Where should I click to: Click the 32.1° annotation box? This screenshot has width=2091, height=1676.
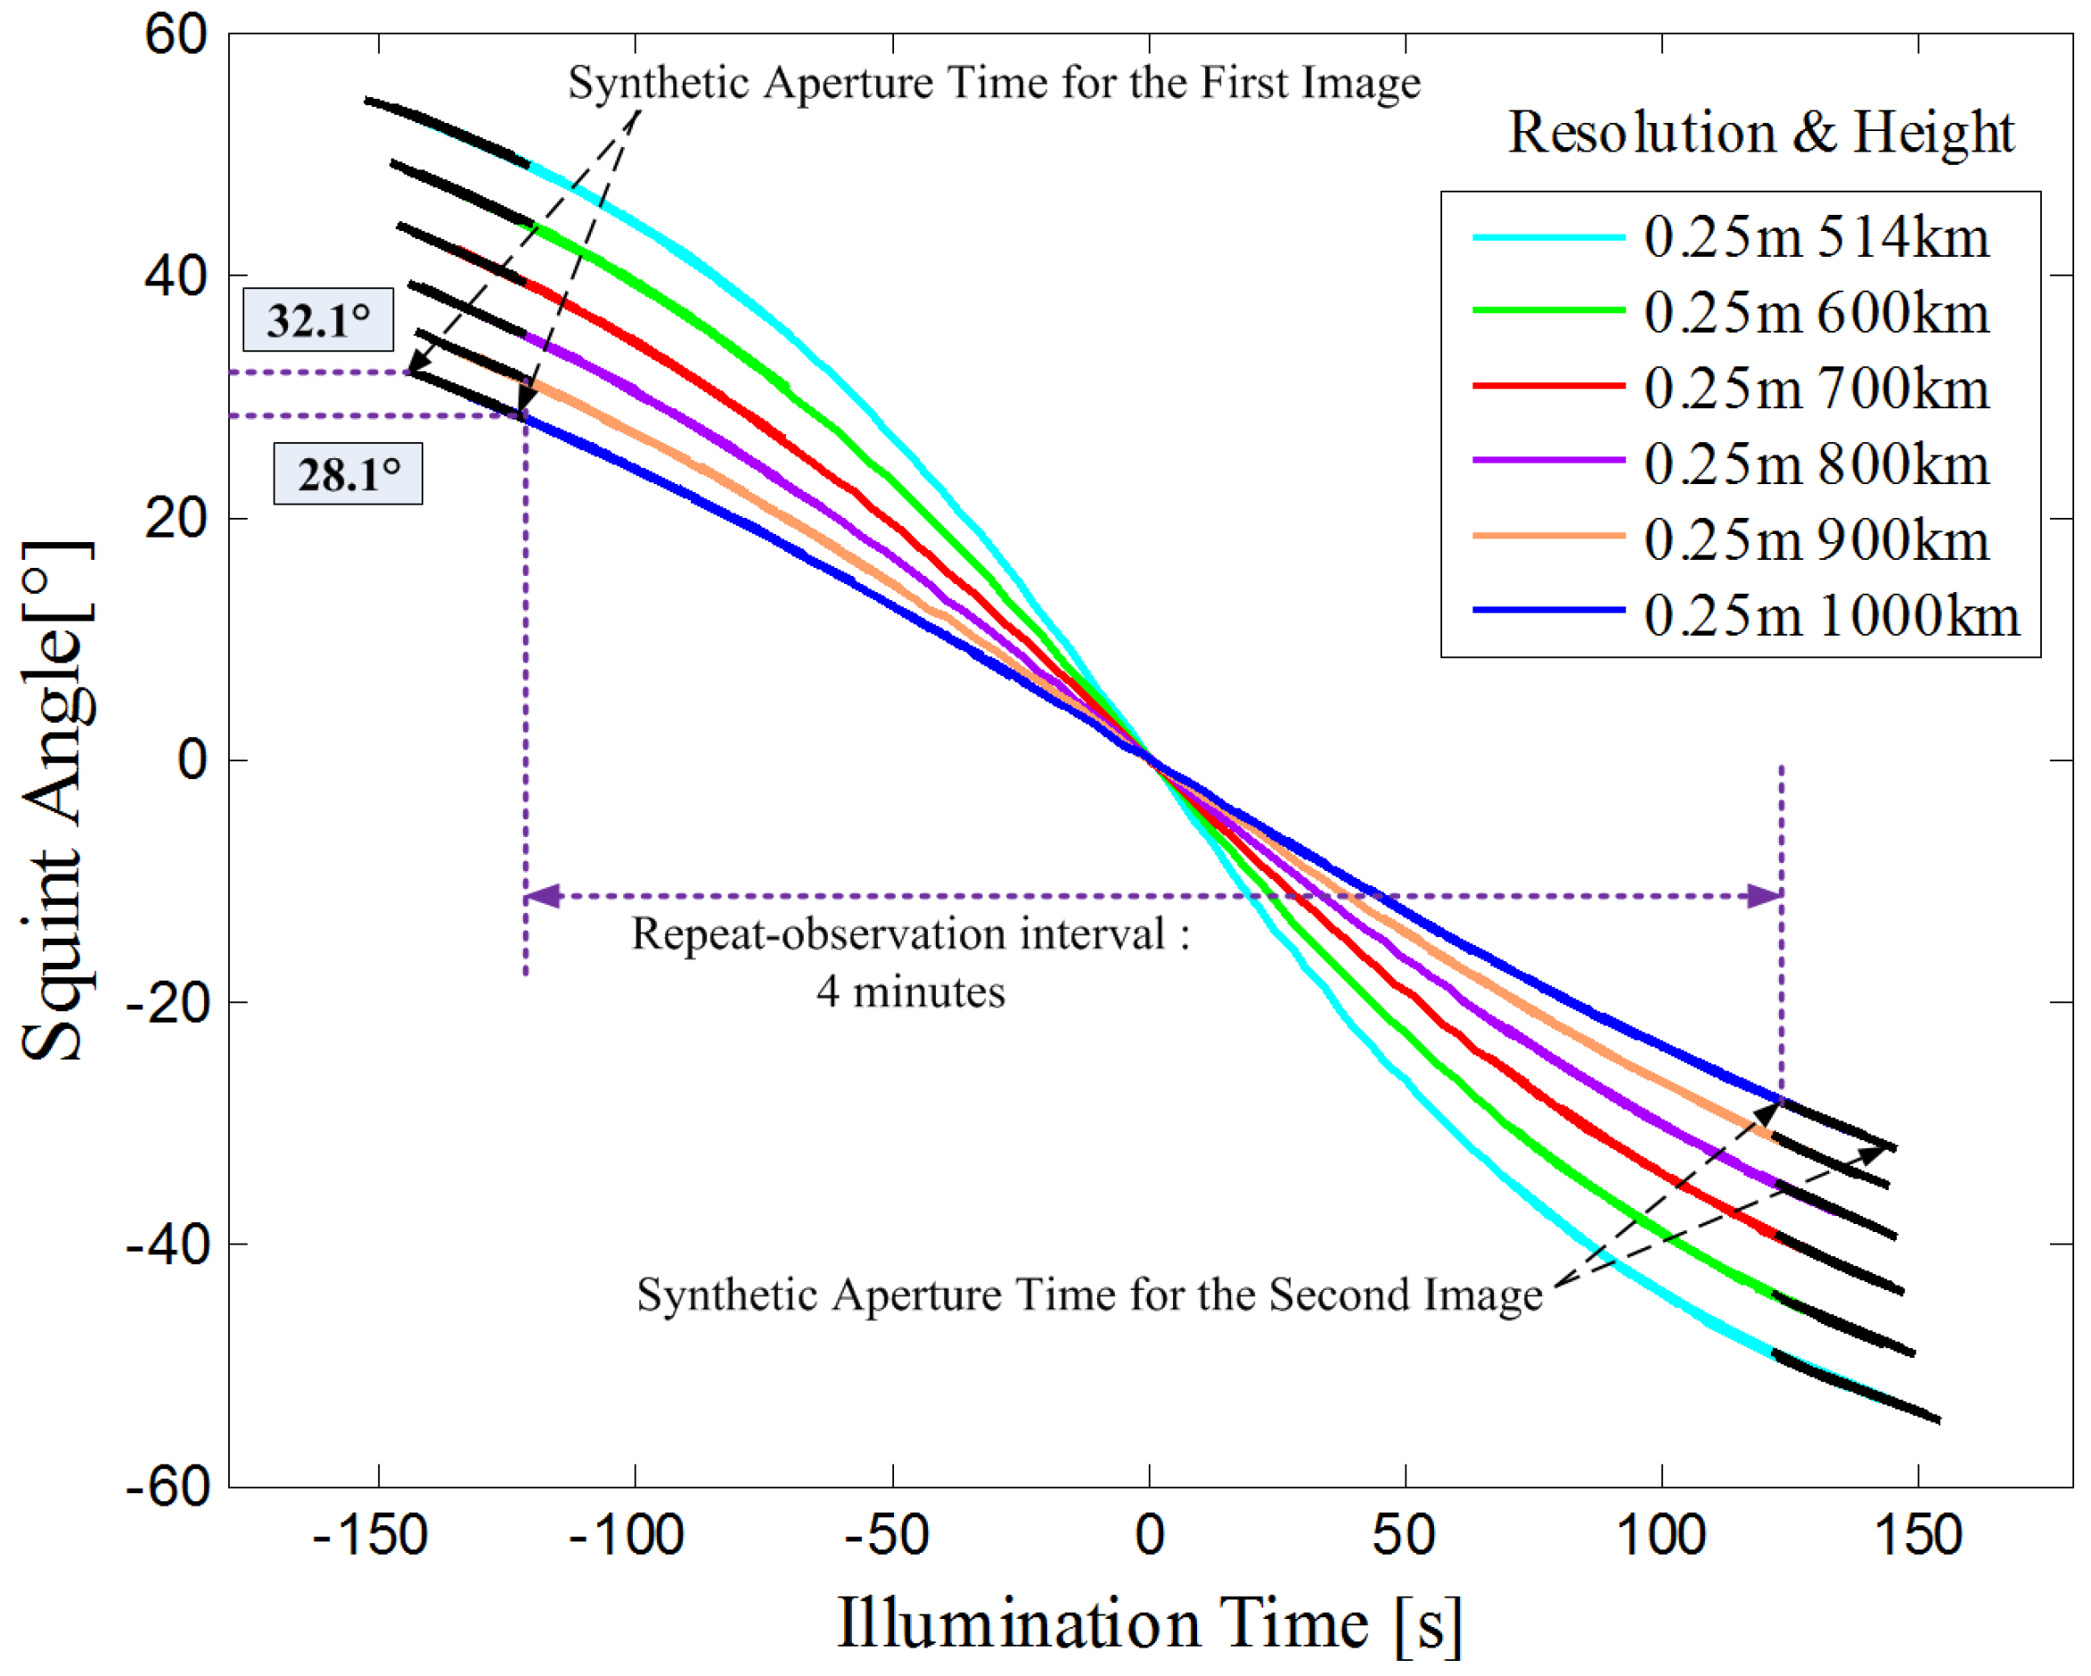(x=317, y=319)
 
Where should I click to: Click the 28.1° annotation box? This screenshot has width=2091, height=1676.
(x=348, y=473)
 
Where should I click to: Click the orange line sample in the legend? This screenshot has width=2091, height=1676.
(x=1548, y=536)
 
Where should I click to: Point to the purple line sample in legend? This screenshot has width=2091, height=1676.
(x=1548, y=460)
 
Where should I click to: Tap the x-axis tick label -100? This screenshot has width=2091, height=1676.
(x=627, y=1535)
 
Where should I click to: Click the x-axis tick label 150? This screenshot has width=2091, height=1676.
(x=1917, y=1535)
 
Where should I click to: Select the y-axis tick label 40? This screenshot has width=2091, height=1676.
(x=176, y=276)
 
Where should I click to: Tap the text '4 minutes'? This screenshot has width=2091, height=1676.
(x=910, y=992)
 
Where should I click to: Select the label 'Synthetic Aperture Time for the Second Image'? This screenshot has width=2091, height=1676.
(x=1088, y=1294)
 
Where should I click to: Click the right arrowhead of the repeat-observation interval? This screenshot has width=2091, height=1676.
(x=1764, y=895)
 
